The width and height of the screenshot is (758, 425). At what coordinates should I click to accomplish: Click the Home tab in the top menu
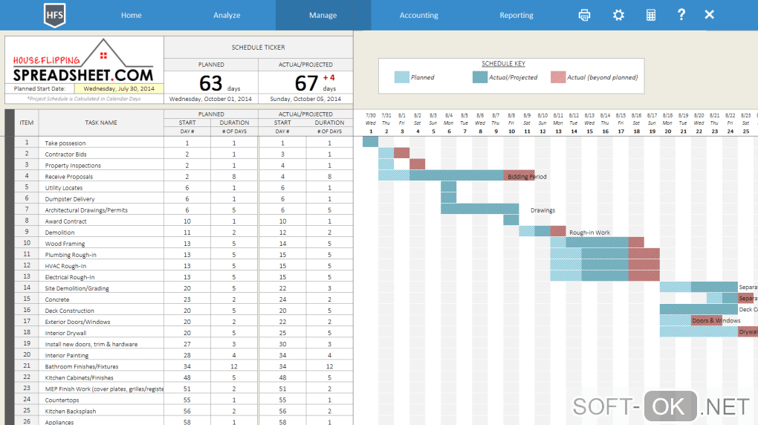point(131,15)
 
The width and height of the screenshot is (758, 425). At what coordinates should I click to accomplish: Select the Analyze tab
point(227,15)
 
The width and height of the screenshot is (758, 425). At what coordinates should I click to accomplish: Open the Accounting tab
point(418,15)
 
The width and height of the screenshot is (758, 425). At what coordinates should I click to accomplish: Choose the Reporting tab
point(516,15)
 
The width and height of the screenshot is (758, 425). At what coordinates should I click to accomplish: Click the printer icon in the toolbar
point(585,15)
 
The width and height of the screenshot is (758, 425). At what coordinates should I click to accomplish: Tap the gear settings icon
point(618,15)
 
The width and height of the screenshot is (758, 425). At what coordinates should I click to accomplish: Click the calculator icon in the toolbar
point(651,15)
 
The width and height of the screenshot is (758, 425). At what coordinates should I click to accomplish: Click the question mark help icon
point(681,15)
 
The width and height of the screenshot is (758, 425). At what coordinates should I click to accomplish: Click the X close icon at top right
point(709,15)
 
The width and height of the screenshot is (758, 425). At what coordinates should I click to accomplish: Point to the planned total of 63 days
point(211,82)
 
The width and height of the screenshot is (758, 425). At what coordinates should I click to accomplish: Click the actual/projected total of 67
point(306,82)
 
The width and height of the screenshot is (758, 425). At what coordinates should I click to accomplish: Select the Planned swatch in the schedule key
point(401,77)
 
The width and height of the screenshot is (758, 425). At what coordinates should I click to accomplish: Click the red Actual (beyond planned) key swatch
point(558,77)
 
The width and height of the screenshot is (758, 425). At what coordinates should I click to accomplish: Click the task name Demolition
point(59,233)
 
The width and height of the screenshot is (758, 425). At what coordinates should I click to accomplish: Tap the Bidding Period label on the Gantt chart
point(527,177)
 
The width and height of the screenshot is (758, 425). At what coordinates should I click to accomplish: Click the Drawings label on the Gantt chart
point(542,210)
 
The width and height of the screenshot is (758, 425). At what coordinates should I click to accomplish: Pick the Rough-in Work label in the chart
point(589,233)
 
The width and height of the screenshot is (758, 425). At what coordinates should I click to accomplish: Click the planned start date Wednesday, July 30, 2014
point(119,88)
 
